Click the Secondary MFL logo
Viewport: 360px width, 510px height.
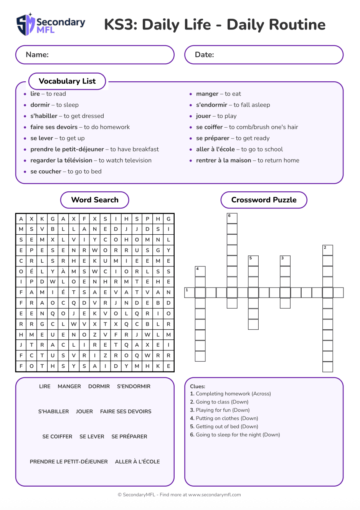click(x=51, y=25)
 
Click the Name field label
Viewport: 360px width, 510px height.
click(x=37, y=55)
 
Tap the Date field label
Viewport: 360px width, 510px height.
click(x=205, y=55)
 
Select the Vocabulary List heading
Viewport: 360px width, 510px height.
click(x=67, y=81)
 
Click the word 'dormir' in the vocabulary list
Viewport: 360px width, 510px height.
click(x=40, y=105)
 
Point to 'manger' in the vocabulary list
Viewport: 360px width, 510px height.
click(x=207, y=94)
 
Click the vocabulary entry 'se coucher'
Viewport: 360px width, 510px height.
click(x=46, y=172)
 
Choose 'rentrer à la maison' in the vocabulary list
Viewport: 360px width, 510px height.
click(x=223, y=161)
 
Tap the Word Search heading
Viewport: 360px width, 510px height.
click(x=95, y=200)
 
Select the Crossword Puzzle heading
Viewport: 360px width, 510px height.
click(x=264, y=200)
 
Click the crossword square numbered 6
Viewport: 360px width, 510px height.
click(x=232, y=218)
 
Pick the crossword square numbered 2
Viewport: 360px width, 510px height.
click(x=327, y=250)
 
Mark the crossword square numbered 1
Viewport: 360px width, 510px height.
click(x=190, y=293)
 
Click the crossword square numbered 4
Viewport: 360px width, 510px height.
click(x=200, y=271)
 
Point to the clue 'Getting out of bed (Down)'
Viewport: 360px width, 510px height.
click(x=227, y=426)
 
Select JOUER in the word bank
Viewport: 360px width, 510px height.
click(x=84, y=411)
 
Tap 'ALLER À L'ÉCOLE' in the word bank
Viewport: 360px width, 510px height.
click(x=137, y=462)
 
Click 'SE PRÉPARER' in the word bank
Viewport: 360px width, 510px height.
click(x=129, y=437)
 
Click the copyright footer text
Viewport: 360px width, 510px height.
click(x=179, y=495)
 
